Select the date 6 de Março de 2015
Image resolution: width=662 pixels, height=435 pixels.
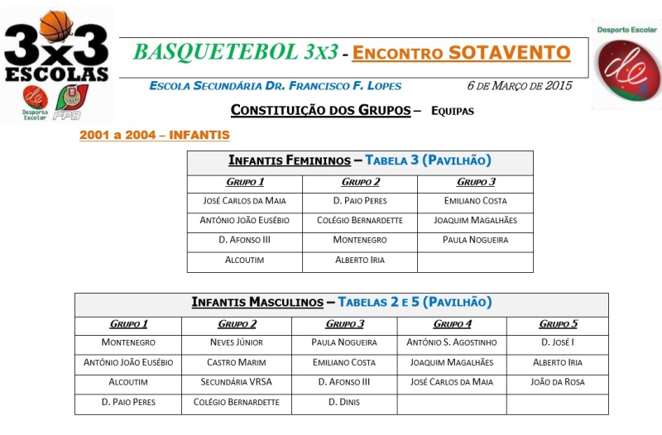(x=520, y=86)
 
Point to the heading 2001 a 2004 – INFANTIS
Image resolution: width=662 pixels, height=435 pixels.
(x=154, y=135)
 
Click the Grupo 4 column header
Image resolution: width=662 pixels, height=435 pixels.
(x=452, y=324)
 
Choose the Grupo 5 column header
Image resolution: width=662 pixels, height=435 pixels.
(x=558, y=324)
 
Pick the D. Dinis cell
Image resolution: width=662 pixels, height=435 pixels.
(x=344, y=402)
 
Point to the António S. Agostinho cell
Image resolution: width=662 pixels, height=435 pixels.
(x=452, y=342)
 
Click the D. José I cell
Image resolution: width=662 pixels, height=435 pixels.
(x=558, y=342)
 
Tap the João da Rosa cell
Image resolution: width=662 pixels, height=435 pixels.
(x=558, y=382)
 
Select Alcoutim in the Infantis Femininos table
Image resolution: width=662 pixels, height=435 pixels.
(x=245, y=260)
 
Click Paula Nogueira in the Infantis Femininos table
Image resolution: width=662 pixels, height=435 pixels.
(x=475, y=240)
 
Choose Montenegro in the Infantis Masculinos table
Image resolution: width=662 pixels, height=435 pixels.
(x=128, y=342)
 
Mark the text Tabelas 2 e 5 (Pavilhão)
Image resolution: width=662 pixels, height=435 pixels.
(x=415, y=303)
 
